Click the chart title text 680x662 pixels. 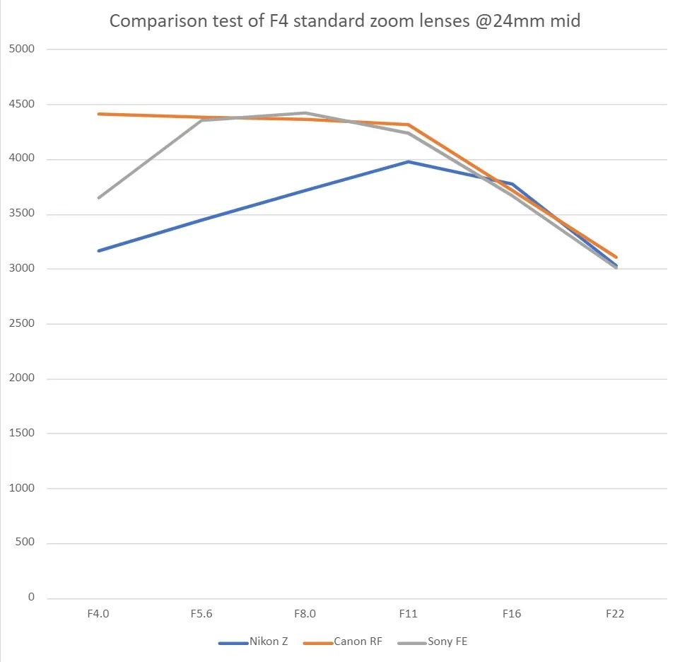point(345,21)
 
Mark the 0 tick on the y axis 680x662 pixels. point(31,598)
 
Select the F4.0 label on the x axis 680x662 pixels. point(98,614)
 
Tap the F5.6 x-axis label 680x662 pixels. point(201,614)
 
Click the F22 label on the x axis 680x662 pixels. point(615,614)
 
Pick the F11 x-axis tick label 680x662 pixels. point(409,614)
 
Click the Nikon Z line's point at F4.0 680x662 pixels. point(99,251)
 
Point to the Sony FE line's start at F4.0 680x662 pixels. point(99,198)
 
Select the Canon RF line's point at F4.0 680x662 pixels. point(99,114)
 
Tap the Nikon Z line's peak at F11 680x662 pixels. point(409,162)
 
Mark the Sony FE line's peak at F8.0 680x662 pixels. point(305,113)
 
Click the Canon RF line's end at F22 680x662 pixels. point(616,257)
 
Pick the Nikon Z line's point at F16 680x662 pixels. point(512,185)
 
